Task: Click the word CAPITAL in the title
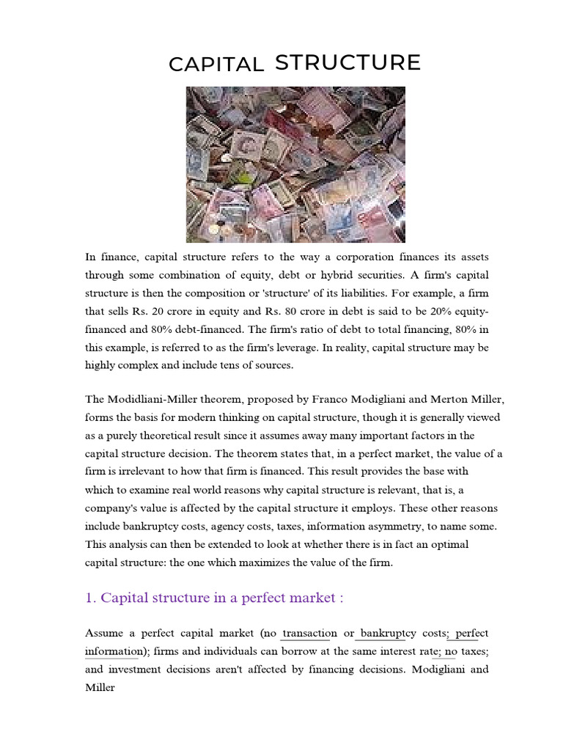coord(216,65)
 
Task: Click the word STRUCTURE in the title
coord(347,63)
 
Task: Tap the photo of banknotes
coord(295,164)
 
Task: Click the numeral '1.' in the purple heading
coord(91,598)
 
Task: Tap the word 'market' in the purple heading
coord(314,598)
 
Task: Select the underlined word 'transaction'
coord(309,633)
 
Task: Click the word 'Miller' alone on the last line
coord(100,689)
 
